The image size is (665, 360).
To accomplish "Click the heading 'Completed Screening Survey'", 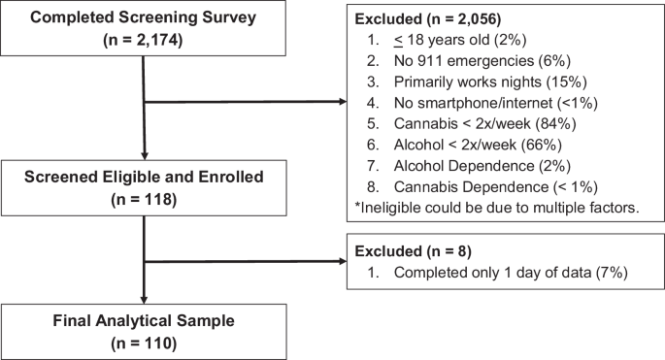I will (x=143, y=18).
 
